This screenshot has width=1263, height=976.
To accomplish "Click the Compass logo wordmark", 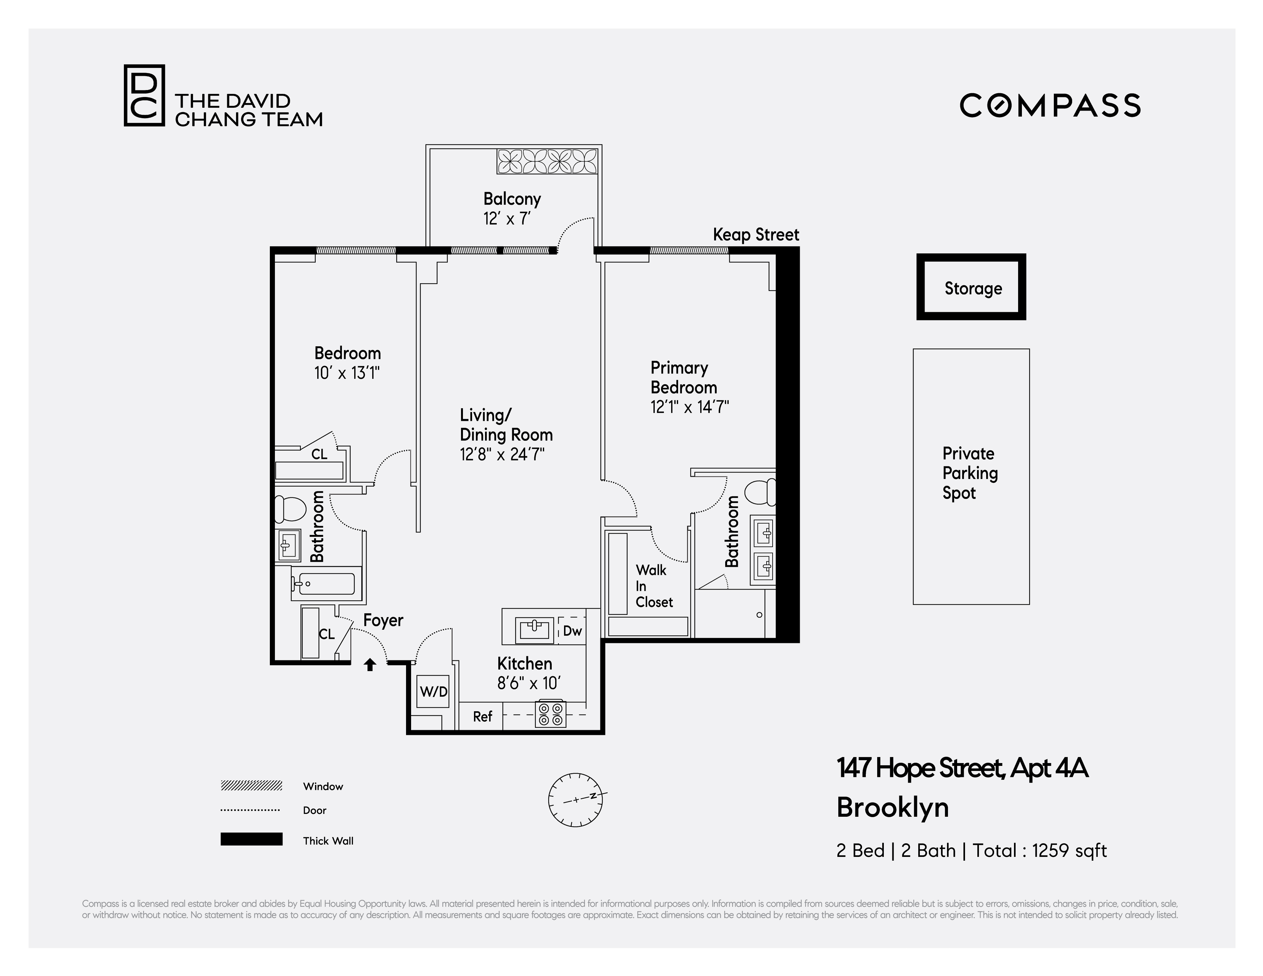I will click(x=1050, y=106).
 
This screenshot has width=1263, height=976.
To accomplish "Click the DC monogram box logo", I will click(x=144, y=95).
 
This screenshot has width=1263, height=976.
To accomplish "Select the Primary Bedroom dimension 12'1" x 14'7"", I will click(x=689, y=407).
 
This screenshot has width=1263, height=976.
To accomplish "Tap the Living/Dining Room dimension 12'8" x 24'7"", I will click(x=502, y=455).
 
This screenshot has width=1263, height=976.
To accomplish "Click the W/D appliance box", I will click(x=433, y=691).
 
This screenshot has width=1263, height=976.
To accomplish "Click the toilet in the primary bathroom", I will click(x=761, y=492).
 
